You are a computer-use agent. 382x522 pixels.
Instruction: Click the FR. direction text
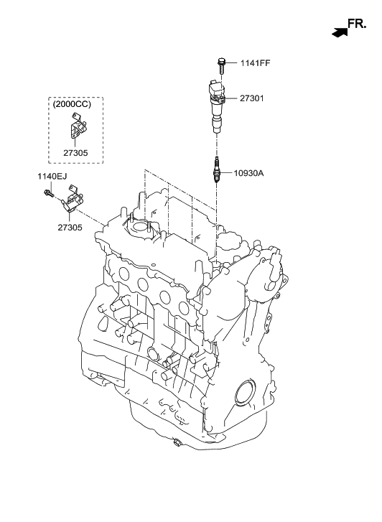[357, 24]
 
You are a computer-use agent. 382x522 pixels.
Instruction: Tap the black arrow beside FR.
[340, 32]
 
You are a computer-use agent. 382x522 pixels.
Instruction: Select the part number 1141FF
[256, 63]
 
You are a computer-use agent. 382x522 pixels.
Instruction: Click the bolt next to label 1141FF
[221, 66]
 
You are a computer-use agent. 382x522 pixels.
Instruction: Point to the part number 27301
[252, 98]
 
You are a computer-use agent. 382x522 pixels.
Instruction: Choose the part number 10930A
[248, 173]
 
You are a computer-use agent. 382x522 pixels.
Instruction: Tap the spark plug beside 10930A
[216, 169]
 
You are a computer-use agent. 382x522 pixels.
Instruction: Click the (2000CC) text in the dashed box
[72, 104]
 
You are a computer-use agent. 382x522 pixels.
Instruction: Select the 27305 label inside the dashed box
[75, 153]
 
